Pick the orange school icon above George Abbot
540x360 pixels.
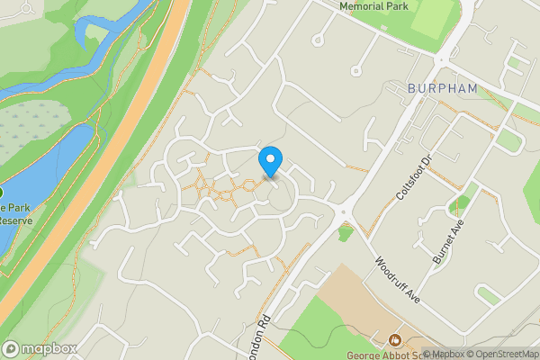(394, 339)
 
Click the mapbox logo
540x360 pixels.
(40, 348)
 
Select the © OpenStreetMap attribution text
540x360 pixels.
(502, 354)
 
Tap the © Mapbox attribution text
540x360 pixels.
(444, 354)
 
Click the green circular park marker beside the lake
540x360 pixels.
(2, 193)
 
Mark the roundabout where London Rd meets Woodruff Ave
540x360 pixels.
(341, 212)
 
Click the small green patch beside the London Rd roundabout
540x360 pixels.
(346, 232)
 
